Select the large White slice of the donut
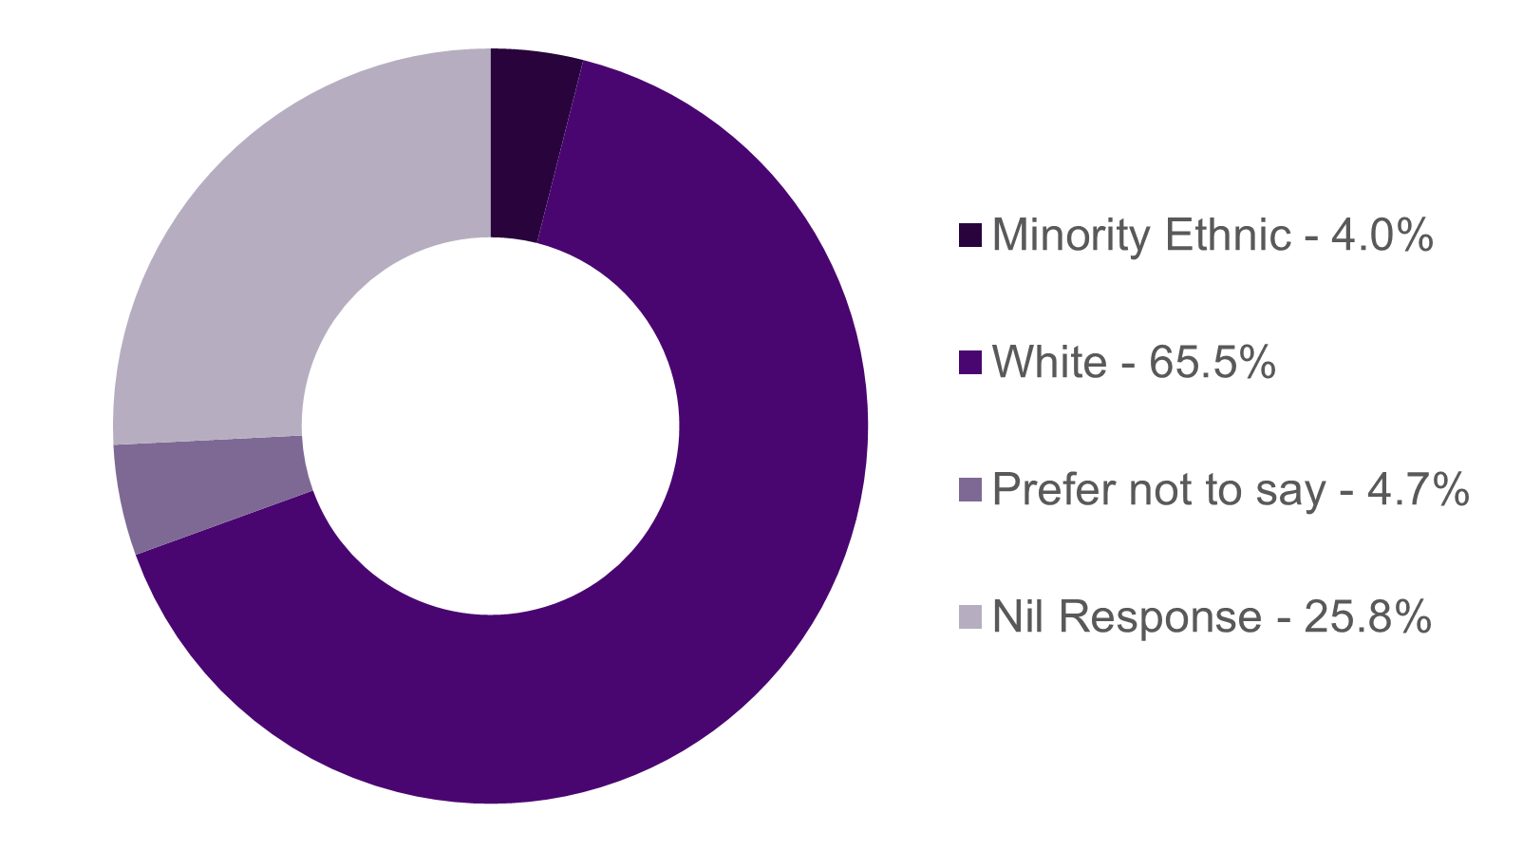tap(722, 570)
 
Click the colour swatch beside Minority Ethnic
tap(969, 236)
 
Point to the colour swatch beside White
tap(969, 363)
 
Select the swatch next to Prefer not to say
tap(969, 490)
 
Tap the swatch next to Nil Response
tap(969, 617)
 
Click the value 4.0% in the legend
tap(1382, 236)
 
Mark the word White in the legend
tap(1049, 363)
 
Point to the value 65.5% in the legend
tap(1212, 363)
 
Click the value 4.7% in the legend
tap(1418, 490)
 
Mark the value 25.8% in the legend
tap(1368, 617)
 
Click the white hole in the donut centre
tap(491, 426)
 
